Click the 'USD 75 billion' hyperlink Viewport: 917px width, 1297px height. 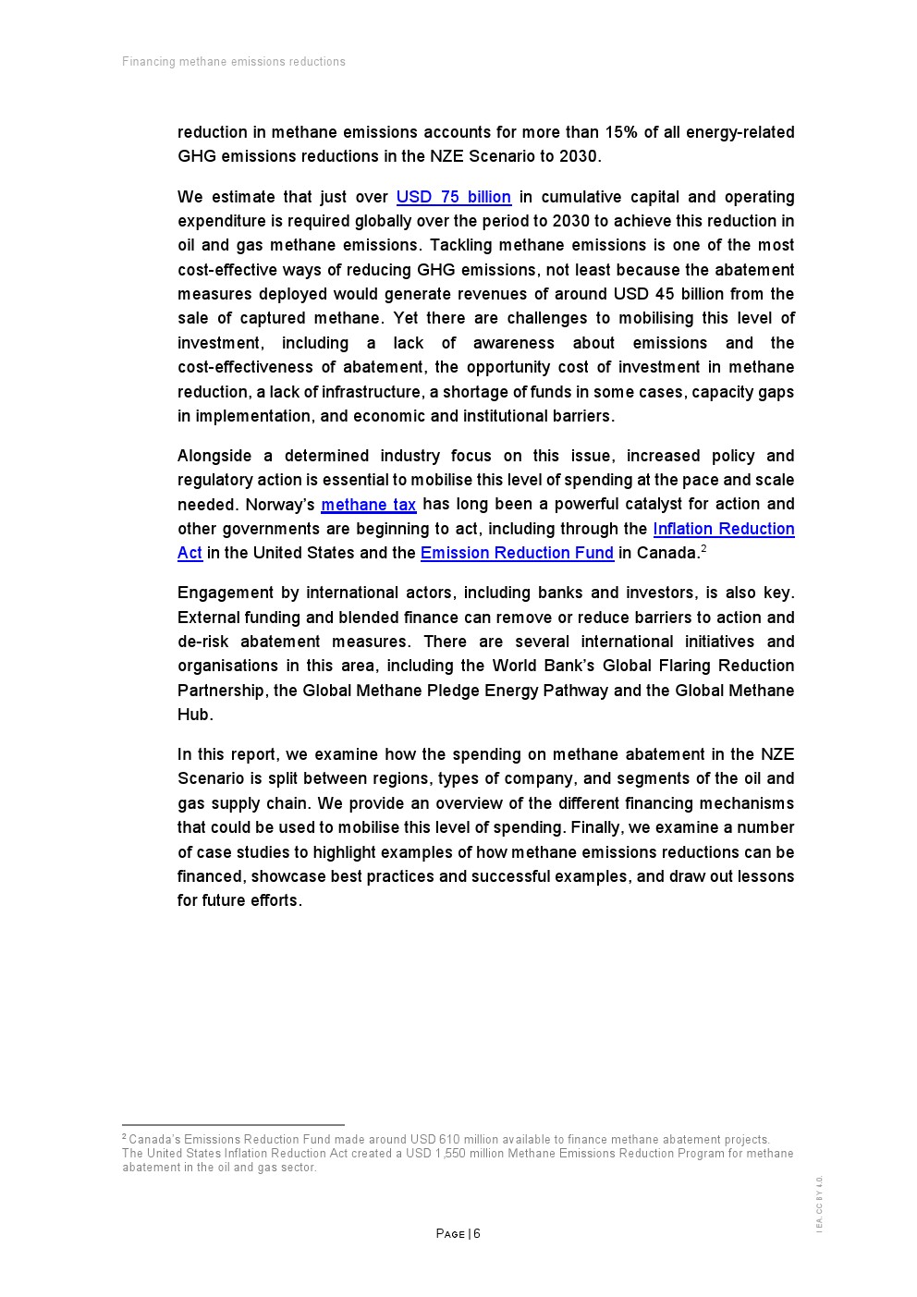(453, 197)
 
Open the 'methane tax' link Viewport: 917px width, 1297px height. (368, 505)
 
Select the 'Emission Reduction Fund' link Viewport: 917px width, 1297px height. (517, 553)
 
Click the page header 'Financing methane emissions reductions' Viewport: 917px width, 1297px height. (234, 62)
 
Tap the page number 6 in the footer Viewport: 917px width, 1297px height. (477, 1234)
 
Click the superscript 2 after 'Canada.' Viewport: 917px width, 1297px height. (703, 549)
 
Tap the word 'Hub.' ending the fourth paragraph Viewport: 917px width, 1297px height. (195, 715)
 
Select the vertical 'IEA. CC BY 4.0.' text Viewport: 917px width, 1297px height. (819, 1204)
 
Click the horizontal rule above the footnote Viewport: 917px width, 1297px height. (233, 1125)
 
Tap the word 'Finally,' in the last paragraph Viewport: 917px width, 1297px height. (599, 827)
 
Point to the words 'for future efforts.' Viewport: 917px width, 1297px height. (239, 900)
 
